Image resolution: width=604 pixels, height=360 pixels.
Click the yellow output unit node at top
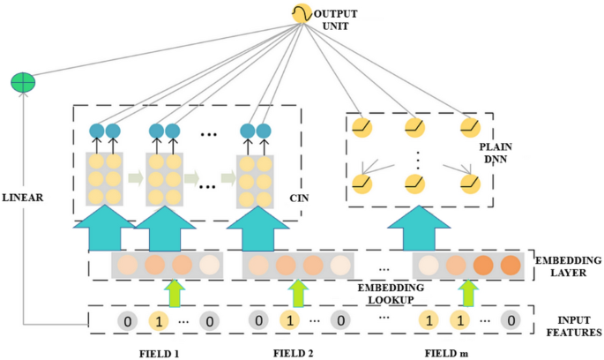click(302, 14)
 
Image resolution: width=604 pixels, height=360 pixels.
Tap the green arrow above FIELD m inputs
click(468, 292)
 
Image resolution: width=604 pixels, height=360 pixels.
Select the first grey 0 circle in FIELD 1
click(128, 321)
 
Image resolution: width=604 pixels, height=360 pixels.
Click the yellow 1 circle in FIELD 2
click(287, 321)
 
